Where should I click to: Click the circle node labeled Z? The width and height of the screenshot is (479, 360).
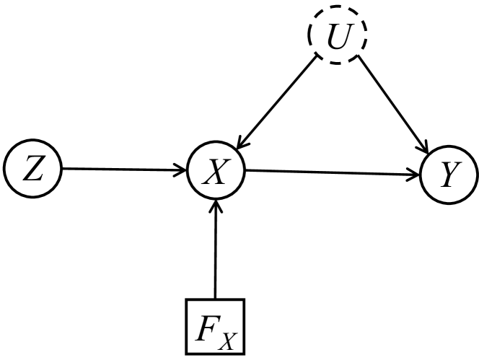click(32, 170)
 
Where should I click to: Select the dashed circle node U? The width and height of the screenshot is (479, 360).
click(338, 34)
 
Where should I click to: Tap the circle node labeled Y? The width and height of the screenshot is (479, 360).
click(448, 174)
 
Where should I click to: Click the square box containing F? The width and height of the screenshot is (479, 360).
click(215, 327)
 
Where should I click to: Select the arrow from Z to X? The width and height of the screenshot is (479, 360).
click(119, 170)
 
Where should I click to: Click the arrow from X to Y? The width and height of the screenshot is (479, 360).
click(332, 172)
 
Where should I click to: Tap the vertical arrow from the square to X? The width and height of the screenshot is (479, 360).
click(215, 253)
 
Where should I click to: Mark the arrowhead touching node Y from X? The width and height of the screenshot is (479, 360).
click(414, 174)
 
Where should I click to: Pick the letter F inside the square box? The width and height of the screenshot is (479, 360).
click(208, 325)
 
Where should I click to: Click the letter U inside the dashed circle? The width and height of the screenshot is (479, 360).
click(338, 35)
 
